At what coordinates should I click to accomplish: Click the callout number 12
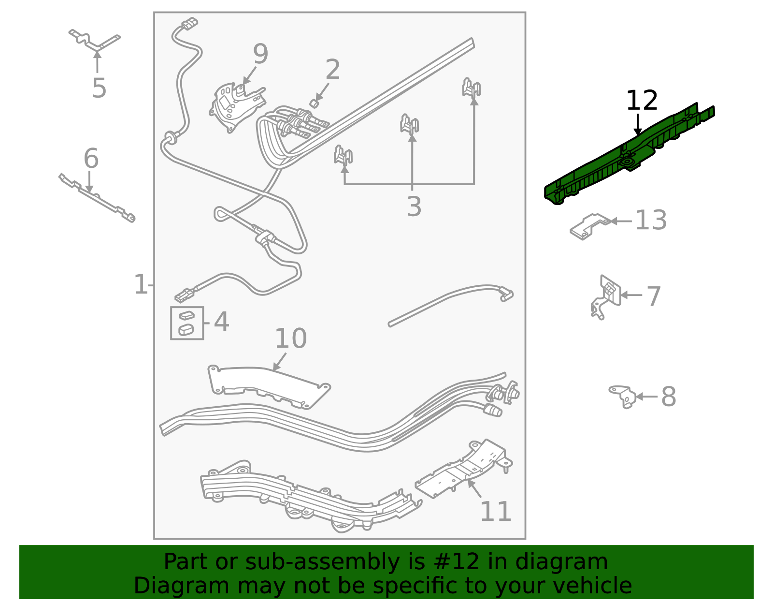642,101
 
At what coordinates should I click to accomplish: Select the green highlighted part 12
623,160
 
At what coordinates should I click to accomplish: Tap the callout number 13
651,221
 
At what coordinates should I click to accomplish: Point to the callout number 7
653,296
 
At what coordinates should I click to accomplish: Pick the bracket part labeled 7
606,295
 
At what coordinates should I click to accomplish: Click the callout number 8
668,397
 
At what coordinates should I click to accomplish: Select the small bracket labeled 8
623,396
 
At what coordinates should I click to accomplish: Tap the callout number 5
99,88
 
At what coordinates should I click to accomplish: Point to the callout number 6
91,159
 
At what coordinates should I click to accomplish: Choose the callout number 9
260,54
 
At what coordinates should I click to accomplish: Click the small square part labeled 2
314,103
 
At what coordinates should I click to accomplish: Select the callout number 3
414,206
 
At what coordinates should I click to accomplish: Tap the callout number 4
221,322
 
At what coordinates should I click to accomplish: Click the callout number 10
290,339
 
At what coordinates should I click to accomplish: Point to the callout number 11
496,511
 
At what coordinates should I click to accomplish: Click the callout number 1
140,284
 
